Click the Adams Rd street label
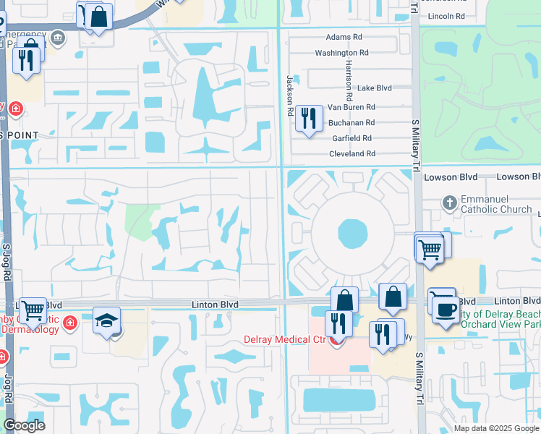coord(344,37)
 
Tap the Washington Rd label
coord(341,53)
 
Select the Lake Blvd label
coord(375,88)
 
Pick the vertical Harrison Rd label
coord(349,81)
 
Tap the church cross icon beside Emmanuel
coord(449,203)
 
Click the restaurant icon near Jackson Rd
coord(309,118)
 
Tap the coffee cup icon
coord(446,309)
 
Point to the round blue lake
coord(352,234)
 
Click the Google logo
coord(24,425)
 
